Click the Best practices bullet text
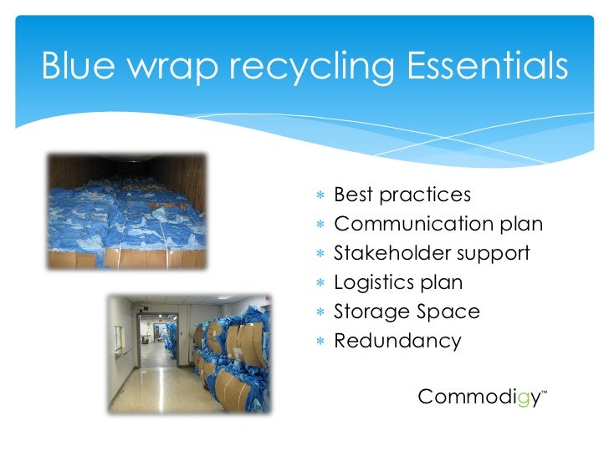pyautogui.click(x=402, y=195)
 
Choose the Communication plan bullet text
pyautogui.click(x=438, y=225)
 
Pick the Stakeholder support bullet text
pyautogui.click(x=432, y=254)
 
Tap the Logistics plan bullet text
pyautogui.click(x=398, y=283)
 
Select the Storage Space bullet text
pyautogui.click(x=407, y=312)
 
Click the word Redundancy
pyautogui.click(x=397, y=342)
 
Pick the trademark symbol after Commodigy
pyautogui.click(x=545, y=391)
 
